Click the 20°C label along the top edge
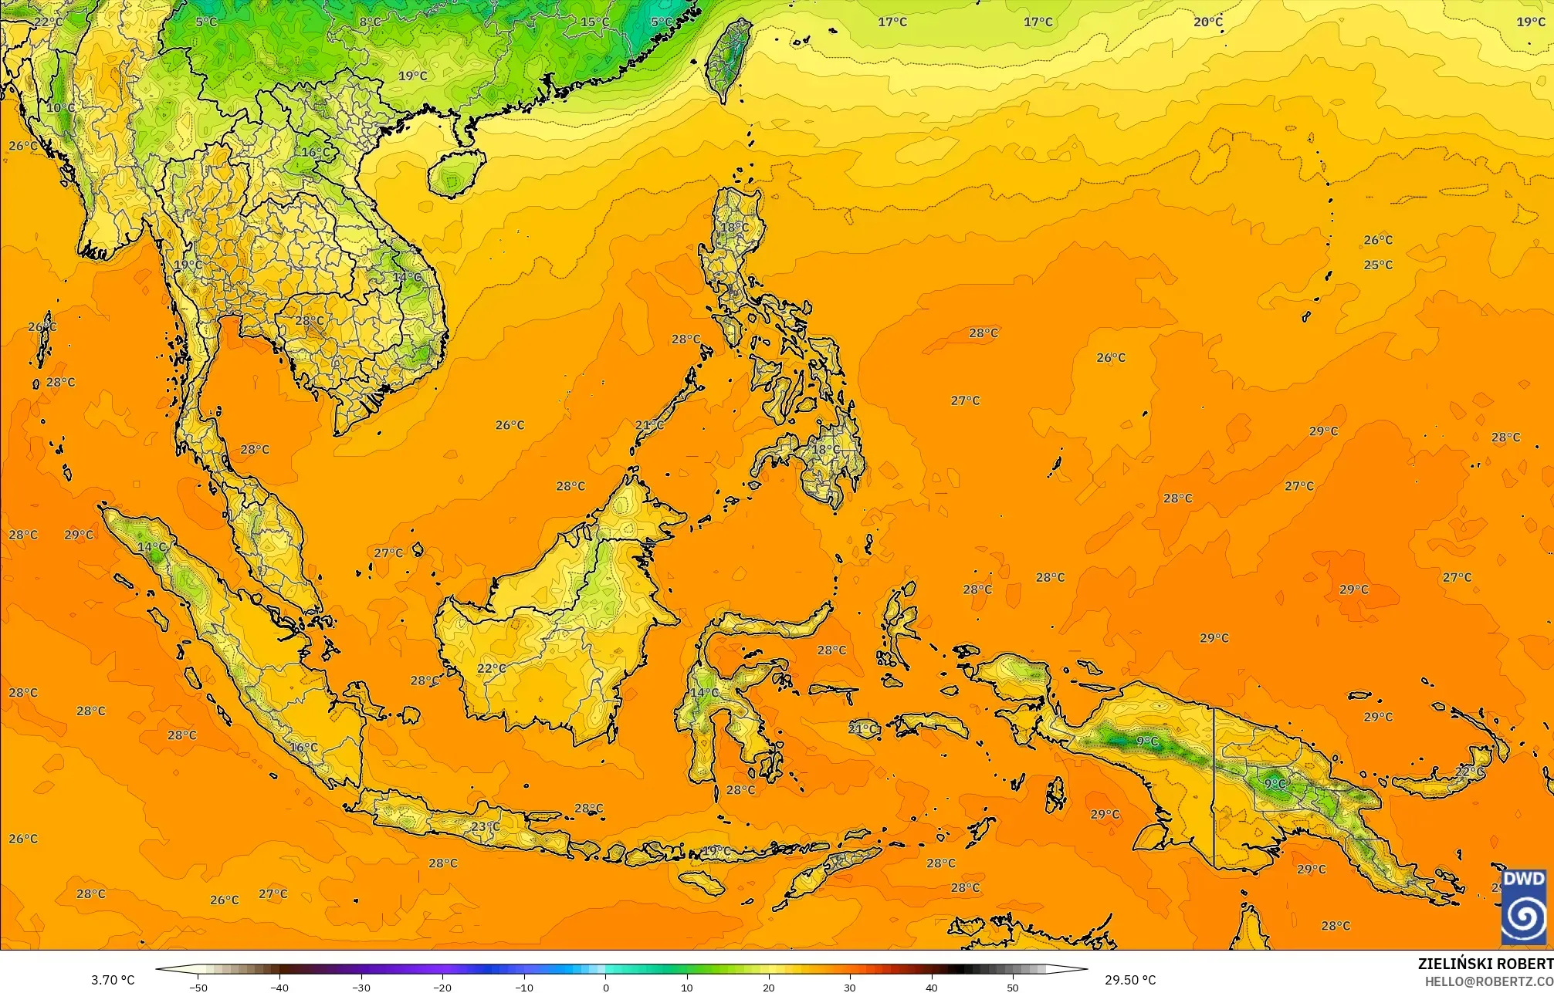point(1208,22)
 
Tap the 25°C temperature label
point(1378,265)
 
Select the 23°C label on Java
point(485,826)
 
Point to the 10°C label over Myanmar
point(60,107)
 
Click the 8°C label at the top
point(371,22)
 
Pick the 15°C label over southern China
point(594,22)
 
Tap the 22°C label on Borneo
point(492,668)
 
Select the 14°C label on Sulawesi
point(703,692)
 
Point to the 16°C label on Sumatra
point(303,747)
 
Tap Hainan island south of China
point(455,173)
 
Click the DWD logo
point(1524,906)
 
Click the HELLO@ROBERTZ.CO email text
point(1488,981)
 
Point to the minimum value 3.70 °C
point(113,980)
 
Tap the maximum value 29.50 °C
point(1129,980)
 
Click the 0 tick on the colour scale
point(605,987)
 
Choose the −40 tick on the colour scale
point(279,987)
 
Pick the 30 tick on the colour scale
point(850,987)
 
